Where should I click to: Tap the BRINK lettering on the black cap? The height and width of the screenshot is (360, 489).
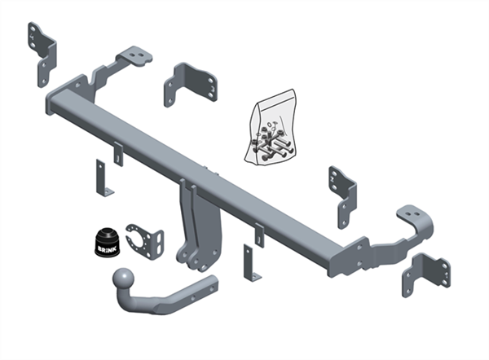(x=107, y=249)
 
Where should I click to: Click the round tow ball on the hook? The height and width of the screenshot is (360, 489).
(x=123, y=278)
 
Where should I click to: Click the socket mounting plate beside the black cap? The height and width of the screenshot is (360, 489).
(x=146, y=241)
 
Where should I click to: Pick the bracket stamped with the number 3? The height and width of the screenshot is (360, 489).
(x=191, y=84)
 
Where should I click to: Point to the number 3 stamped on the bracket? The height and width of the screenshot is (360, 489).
(x=212, y=89)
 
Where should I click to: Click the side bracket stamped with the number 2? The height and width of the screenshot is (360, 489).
(x=342, y=197)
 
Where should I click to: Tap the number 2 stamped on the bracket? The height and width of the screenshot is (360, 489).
(x=332, y=179)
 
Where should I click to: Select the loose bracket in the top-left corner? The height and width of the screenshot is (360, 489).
(x=42, y=55)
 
